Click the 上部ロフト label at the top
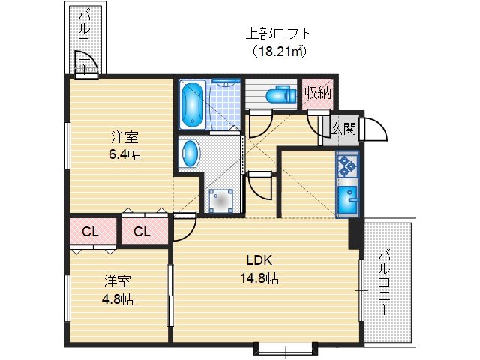pyautogui.click(x=278, y=34)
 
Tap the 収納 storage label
pyautogui.click(x=318, y=94)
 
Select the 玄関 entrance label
pyautogui.click(x=344, y=127)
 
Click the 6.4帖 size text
pyautogui.click(x=124, y=154)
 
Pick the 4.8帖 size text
pyautogui.click(x=118, y=298)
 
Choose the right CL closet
pyautogui.click(x=142, y=232)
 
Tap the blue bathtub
pyautogui.click(x=191, y=104)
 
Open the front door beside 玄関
pyautogui.click(x=373, y=132)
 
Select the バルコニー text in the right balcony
pyautogui.click(x=383, y=281)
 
